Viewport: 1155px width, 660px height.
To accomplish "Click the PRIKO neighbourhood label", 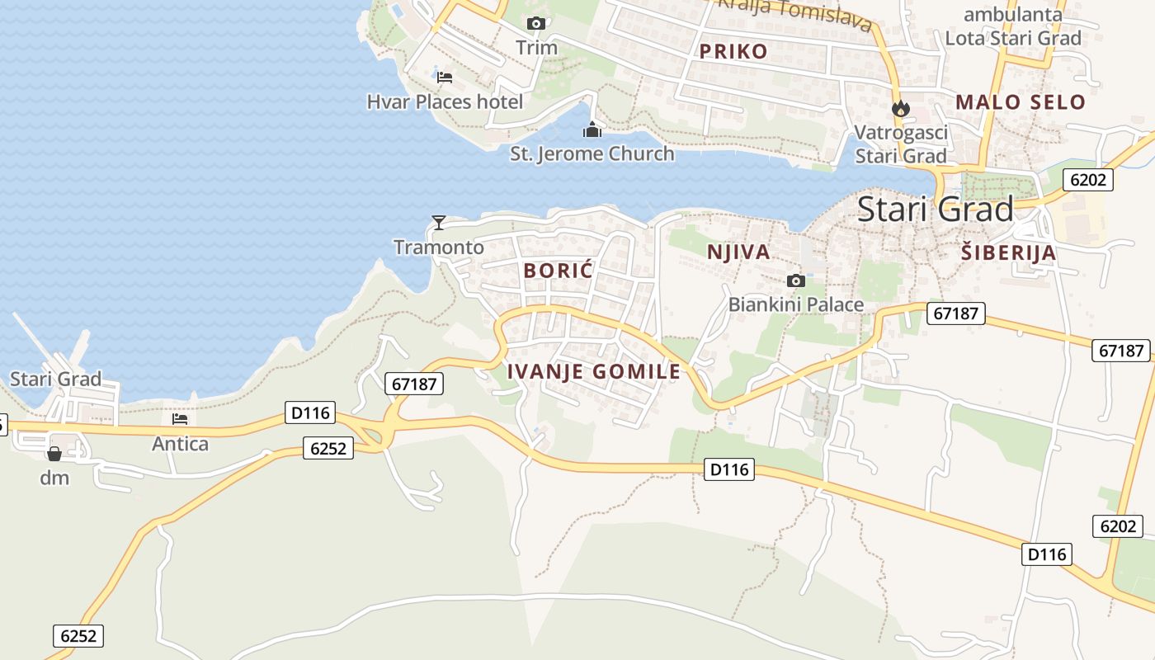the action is [733, 51].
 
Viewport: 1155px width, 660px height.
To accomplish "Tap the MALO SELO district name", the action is [1021, 102].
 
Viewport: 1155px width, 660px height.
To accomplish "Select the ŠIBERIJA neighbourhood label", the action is [1009, 252].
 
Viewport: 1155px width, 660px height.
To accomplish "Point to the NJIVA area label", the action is [738, 252].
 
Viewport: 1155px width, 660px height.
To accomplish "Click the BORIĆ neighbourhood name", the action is [559, 270].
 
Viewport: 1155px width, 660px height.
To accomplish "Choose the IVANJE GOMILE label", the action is [594, 371].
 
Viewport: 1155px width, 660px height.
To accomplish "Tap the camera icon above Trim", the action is [536, 23].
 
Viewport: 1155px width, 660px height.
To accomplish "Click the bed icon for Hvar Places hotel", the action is [445, 78].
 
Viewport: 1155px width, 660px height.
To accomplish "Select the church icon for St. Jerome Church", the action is [592, 130].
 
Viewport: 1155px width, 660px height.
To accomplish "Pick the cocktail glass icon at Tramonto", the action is [439, 222].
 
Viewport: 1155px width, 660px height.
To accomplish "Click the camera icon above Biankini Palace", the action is [796, 280].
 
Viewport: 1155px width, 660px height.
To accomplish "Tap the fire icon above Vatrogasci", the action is [900, 108].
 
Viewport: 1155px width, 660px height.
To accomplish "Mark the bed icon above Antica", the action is [180, 419].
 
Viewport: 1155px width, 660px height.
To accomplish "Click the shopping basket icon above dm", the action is [54, 454].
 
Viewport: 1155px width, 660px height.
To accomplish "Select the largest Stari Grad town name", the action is [936, 209].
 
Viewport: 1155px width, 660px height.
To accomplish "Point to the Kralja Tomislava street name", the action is [796, 13].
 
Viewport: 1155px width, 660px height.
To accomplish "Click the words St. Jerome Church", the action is [592, 153].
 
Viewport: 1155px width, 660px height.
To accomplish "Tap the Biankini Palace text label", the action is [796, 304].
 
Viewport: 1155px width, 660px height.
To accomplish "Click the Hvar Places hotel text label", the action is [445, 101].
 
